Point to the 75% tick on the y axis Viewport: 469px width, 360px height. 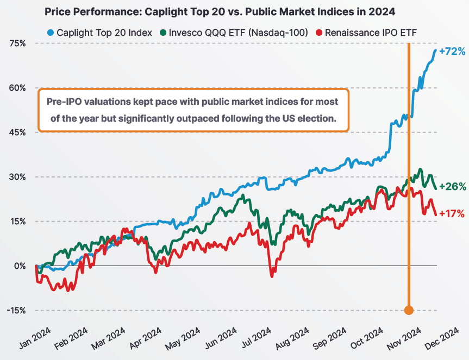[17, 43]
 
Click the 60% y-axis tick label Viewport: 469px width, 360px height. [17, 87]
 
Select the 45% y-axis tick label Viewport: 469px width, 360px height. [17, 132]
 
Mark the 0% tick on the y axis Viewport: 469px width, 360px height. [19, 266]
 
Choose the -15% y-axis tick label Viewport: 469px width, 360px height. [15, 310]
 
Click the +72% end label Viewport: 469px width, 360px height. [452, 52]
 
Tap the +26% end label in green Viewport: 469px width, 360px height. [452, 186]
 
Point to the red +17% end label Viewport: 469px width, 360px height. [452, 214]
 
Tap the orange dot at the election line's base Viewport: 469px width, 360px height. [409, 310]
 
